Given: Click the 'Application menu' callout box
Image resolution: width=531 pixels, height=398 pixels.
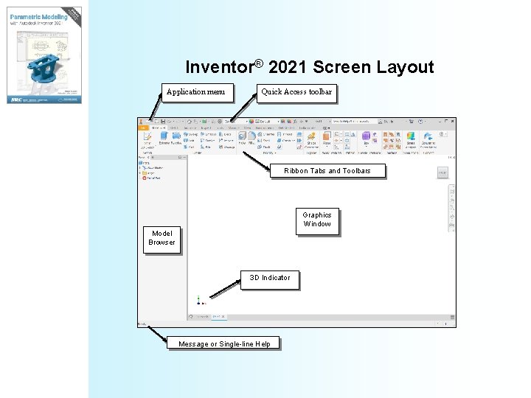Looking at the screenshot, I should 197,92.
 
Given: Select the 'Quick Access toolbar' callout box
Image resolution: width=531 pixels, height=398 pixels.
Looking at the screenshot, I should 296,92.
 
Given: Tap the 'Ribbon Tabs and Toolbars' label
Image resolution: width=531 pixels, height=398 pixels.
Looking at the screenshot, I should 327,171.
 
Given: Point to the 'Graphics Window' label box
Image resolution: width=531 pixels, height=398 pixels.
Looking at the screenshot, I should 317,220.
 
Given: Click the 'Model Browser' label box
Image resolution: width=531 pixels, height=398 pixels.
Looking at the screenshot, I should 162,238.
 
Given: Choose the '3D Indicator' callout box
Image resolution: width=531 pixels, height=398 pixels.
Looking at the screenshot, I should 270,278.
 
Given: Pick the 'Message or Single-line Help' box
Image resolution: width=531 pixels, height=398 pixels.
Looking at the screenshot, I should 224,343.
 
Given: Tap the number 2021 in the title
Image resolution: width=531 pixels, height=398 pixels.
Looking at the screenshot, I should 288,68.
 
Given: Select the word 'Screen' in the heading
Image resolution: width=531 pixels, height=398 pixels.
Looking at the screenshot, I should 343,68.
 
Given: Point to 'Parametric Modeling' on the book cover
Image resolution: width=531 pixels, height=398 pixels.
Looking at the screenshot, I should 37,15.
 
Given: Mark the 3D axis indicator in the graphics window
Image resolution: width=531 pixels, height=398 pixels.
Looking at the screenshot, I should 199,300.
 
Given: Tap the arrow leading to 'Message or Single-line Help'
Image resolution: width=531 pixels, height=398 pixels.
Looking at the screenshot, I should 158,333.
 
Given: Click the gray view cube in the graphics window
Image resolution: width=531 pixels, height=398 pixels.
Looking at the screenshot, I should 442,172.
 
